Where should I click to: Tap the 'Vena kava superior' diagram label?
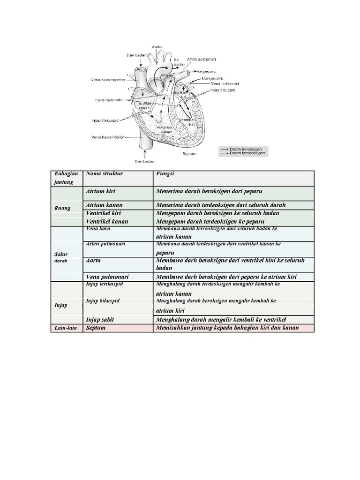[x=108, y=80]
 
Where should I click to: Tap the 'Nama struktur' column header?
[x=104, y=174]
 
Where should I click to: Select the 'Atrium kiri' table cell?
[x=101, y=192]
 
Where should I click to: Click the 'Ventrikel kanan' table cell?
[x=106, y=221]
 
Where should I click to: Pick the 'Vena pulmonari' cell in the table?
[x=107, y=277]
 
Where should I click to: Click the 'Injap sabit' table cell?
[x=100, y=319]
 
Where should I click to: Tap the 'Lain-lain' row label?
[x=66, y=328]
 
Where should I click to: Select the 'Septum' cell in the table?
[x=96, y=328]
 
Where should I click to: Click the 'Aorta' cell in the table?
[x=93, y=260]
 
